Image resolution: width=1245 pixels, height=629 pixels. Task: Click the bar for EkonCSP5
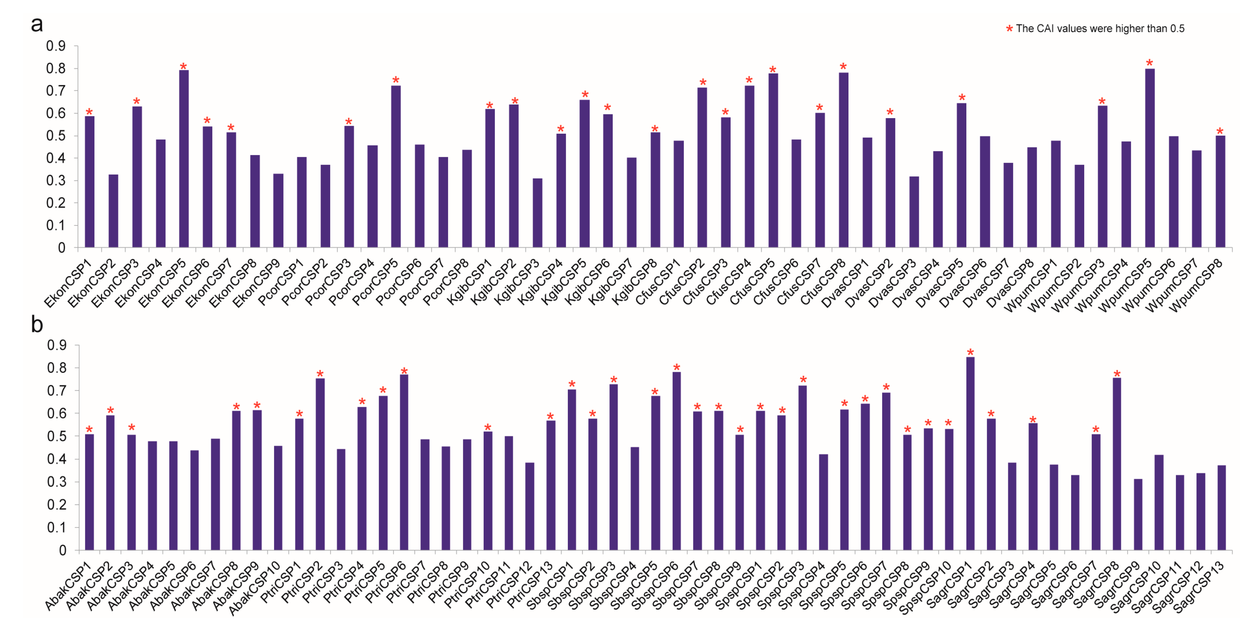click(x=184, y=159)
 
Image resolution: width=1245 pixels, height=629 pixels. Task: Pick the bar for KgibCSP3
click(x=537, y=213)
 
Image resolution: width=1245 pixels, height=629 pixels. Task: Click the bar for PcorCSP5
click(x=396, y=167)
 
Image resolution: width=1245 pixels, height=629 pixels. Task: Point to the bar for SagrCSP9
click(x=1138, y=514)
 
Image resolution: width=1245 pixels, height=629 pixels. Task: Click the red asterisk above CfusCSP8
click(x=844, y=66)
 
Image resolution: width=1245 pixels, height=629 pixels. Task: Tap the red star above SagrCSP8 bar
click(x=1117, y=374)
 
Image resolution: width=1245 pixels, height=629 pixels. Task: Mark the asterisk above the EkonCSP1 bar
click(x=89, y=112)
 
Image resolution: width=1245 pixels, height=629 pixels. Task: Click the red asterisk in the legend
click(x=1009, y=29)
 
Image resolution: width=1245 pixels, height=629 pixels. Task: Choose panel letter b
click(x=37, y=324)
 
